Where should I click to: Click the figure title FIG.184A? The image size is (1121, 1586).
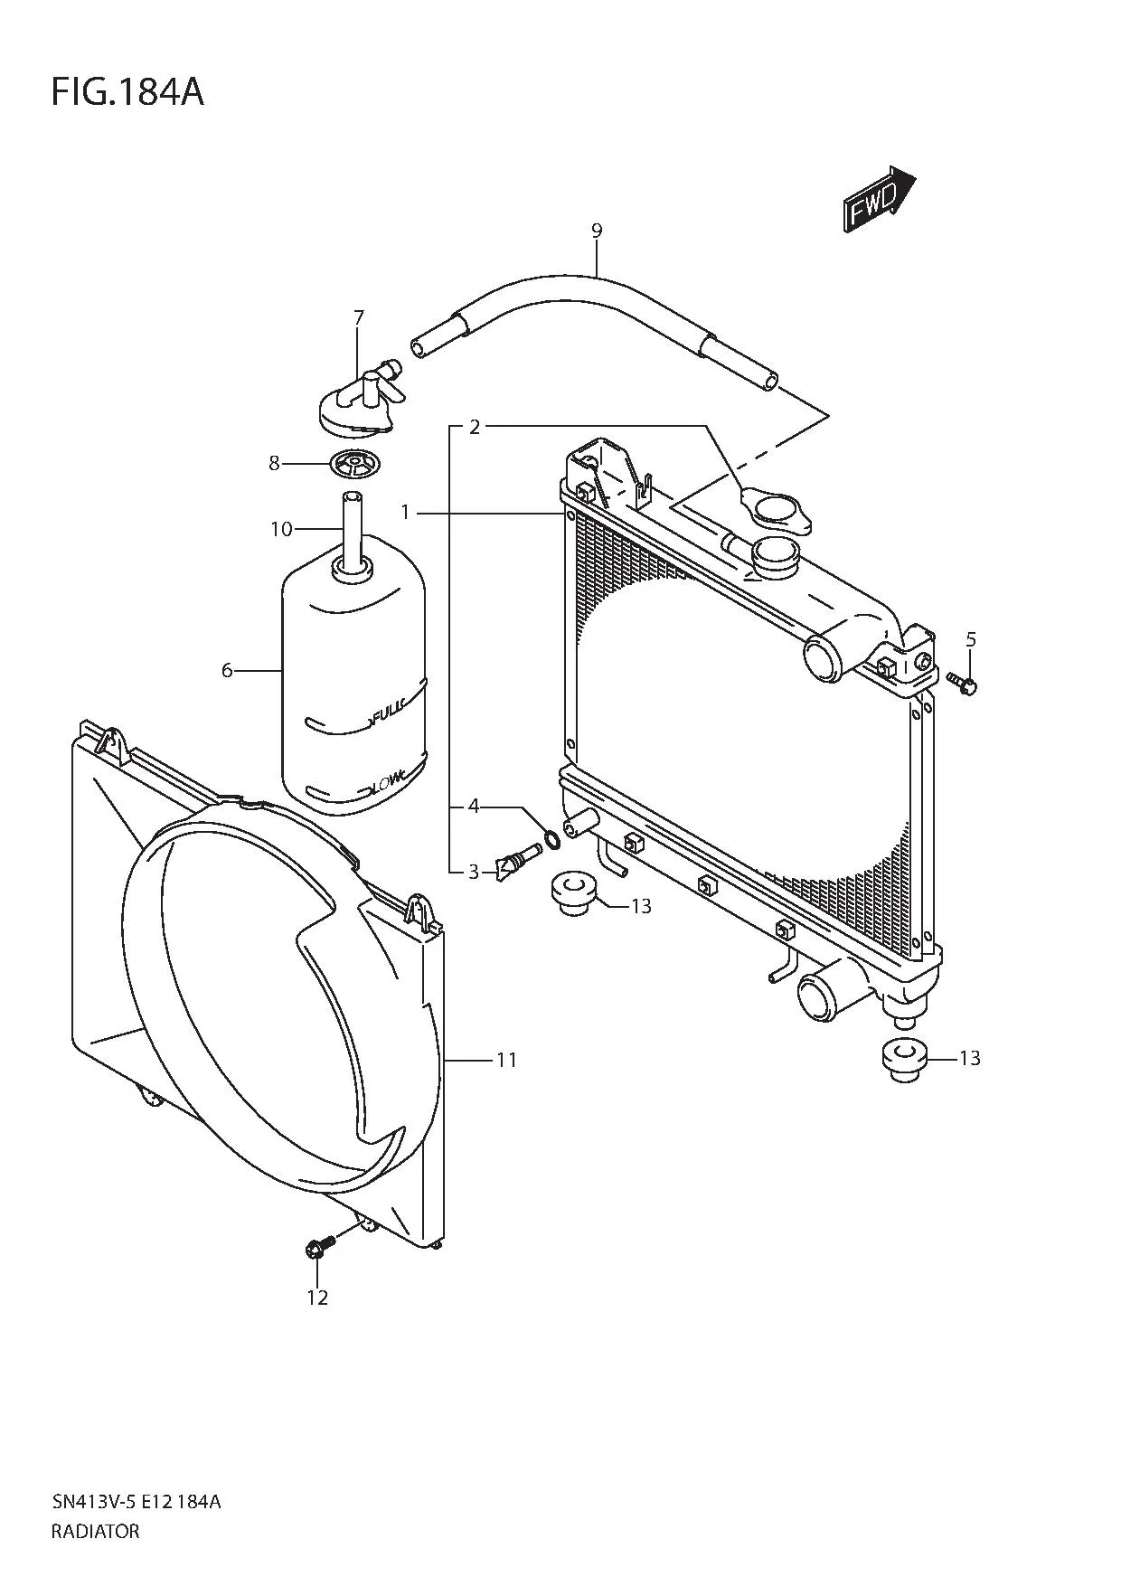pyautogui.click(x=127, y=92)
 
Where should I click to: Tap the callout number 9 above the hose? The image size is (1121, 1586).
pyautogui.click(x=597, y=231)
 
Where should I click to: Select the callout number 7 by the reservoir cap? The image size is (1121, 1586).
pyautogui.click(x=359, y=317)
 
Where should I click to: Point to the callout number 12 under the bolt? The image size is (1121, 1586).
pyautogui.click(x=316, y=1298)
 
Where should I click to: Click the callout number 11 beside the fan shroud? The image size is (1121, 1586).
pyautogui.click(x=506, y=1059)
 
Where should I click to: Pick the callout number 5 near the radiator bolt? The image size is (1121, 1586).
pyautogui.click(x=971, y=640)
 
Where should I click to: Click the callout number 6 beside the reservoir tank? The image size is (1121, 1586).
pyautogui.click(x=227, y=670)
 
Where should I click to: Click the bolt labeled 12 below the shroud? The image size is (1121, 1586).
pyautogui.click(x=320, y=1247)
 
